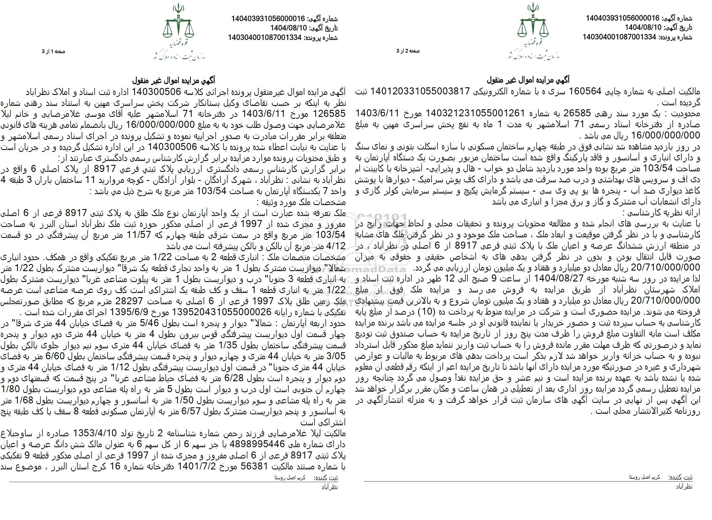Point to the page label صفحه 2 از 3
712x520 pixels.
(408, 51)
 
